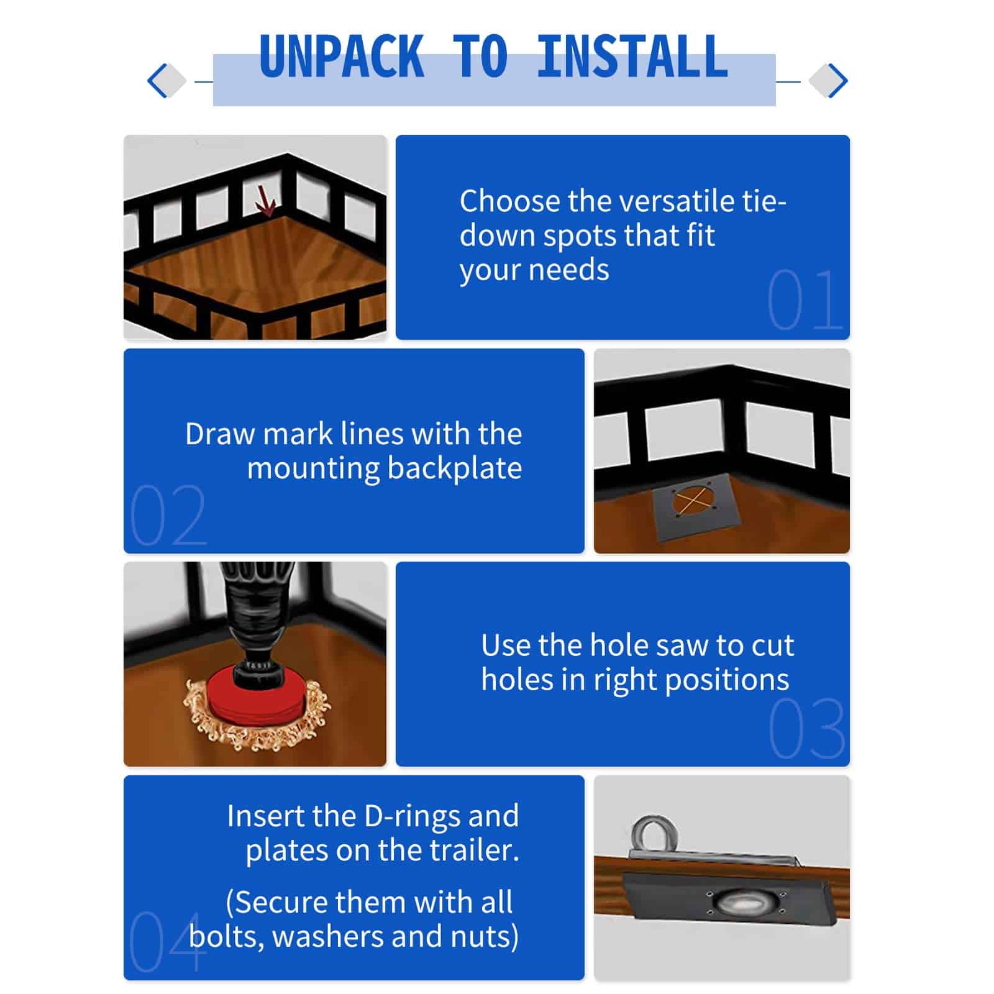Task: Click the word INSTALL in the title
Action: [x=632, y=57]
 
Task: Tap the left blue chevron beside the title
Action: [x=157, y=81]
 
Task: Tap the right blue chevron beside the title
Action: [x=837, y=81]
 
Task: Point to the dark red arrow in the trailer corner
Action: [x=267, y=203]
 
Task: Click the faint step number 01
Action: [x=805, y=300]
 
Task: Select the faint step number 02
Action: [x=168, y=515]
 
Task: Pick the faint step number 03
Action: [x=806, y=729]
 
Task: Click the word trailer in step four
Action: [x=477, y=850]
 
